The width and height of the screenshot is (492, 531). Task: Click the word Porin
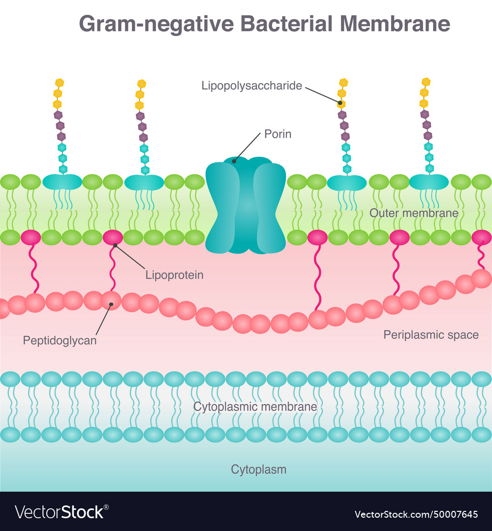point(278,134)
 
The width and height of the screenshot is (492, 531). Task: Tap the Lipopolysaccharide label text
point(251,86)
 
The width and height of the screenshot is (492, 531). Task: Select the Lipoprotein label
point(174,275)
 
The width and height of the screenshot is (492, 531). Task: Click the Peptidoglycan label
point(60,340)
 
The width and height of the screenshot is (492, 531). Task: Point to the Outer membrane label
point(414,213)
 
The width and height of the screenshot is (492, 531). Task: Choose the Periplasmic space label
point(431,335)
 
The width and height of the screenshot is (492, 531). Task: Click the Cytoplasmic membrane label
point(255,407)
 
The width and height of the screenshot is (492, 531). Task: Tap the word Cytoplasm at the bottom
point(258,470)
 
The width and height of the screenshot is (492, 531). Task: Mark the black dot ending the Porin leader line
point(235,160)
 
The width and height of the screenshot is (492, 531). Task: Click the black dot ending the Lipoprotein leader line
point(115,245)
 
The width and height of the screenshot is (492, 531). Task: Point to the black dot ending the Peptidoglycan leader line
point(112,304)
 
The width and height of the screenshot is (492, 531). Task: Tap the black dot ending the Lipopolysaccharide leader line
point(339,103)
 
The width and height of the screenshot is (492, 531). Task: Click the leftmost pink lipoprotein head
point(31,237)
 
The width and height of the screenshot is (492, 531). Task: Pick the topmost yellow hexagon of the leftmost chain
point(60,82)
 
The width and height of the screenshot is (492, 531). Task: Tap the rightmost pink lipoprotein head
point(481,237)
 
